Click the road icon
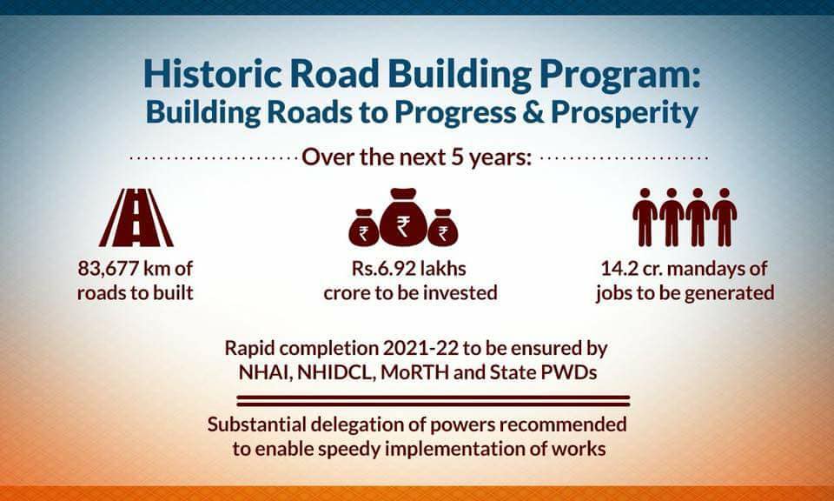136,217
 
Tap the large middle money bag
403,217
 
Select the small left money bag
364,227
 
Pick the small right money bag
442,227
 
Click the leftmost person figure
645,217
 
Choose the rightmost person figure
725,217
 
